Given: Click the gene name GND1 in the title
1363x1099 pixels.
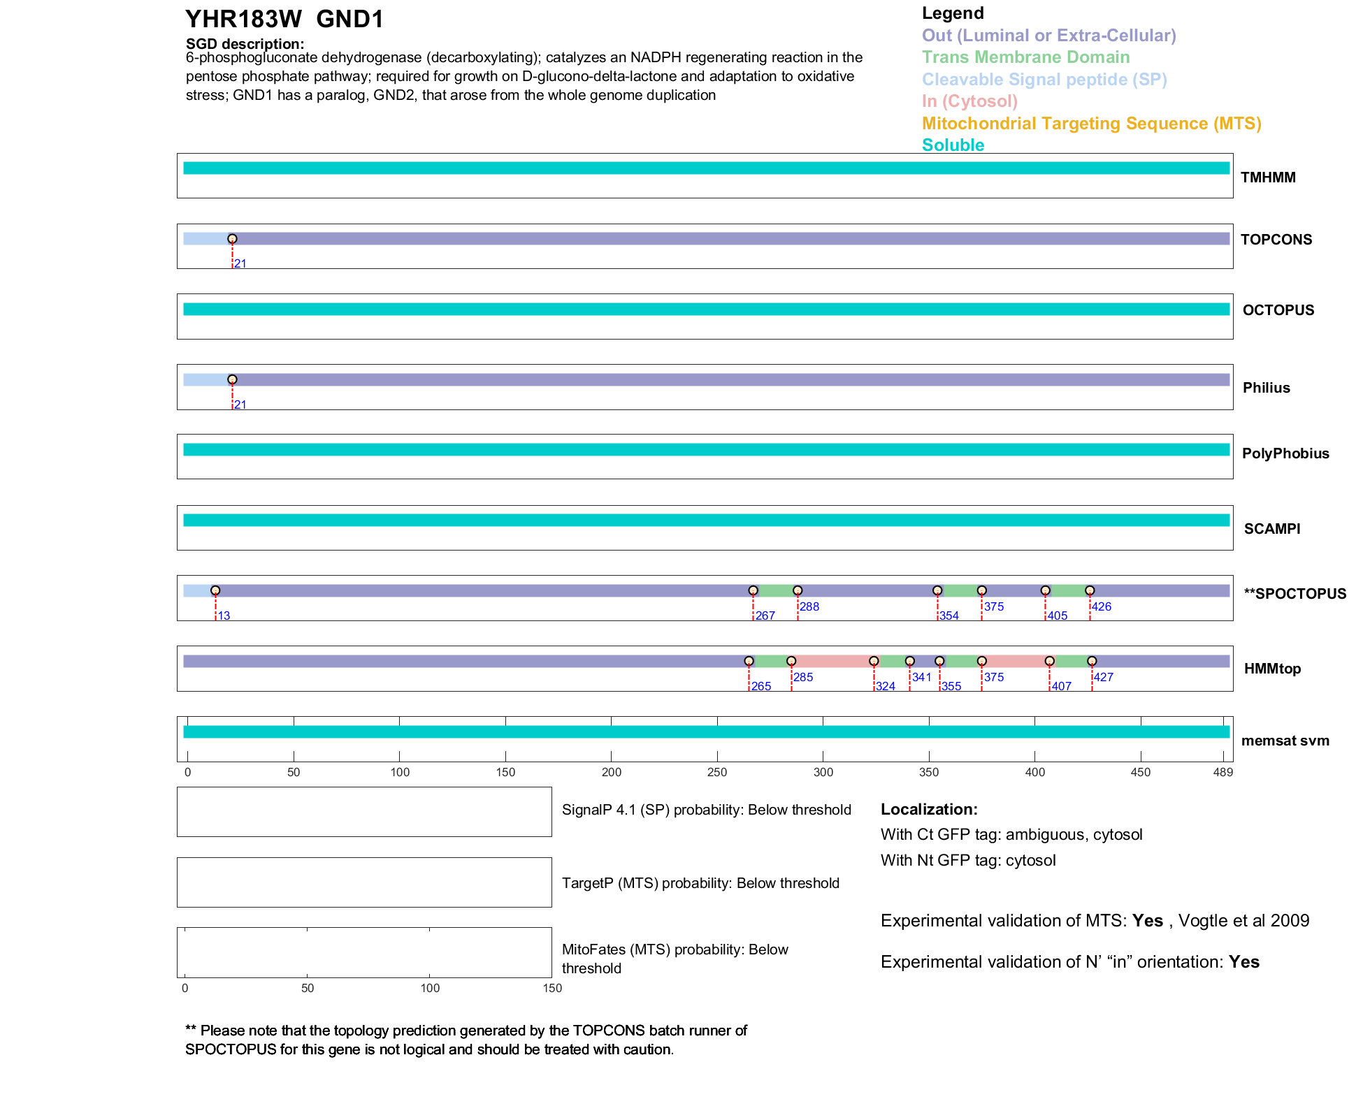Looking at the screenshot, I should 349,20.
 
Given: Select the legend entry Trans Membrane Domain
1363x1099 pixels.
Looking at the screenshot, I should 1025,57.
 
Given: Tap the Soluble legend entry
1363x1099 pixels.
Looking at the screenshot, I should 953,145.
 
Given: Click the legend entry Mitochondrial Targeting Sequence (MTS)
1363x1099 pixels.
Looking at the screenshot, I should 1091,124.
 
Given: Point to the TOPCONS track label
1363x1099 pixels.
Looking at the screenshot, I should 1276,240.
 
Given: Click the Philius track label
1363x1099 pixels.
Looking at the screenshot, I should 1266,388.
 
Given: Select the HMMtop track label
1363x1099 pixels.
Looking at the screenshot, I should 1272,669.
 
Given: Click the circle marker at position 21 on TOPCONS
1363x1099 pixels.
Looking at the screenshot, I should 232,239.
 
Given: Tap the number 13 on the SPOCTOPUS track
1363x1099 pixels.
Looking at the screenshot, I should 224,616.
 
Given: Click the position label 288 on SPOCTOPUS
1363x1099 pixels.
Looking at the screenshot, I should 809,607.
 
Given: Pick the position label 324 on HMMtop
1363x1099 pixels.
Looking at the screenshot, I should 886,687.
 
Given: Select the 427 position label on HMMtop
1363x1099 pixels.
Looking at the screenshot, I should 1104,677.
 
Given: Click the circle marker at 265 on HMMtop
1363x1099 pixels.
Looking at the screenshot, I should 749,661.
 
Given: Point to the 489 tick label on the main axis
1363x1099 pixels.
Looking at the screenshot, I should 1223,773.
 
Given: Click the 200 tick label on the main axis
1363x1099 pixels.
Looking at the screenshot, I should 612,773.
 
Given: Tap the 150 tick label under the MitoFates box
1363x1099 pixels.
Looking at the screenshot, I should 552,989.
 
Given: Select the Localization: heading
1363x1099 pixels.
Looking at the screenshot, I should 929,810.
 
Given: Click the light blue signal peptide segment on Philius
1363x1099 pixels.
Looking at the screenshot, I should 207,380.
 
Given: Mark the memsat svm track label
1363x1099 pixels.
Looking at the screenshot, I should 1285,741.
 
